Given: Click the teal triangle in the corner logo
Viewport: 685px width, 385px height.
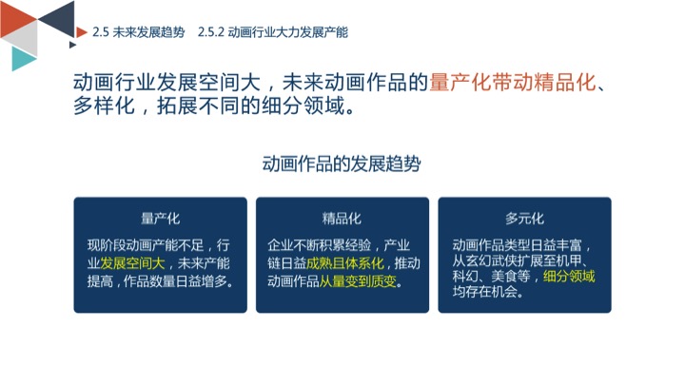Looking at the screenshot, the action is click(21, 58).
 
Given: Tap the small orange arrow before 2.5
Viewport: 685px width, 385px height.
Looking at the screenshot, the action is click(81, 32).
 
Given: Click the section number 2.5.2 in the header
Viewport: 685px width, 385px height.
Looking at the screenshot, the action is click(210, 32).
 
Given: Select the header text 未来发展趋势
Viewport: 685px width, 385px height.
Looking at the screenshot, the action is click(148, 32).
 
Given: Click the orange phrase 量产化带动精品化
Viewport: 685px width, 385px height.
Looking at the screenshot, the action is click(513, 83).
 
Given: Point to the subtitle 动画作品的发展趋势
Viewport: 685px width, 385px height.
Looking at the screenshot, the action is click(342, 164).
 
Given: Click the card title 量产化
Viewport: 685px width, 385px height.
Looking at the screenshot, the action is click(161, 219).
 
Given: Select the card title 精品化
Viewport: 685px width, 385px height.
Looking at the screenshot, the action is click(342, 219).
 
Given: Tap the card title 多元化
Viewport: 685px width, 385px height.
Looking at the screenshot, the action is click(524, 219).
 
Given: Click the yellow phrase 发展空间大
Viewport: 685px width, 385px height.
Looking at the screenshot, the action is click(132, 263).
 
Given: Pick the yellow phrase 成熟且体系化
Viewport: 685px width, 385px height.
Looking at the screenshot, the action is click(344, 263).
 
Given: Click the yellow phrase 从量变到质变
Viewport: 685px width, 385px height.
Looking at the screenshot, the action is click(358, 281).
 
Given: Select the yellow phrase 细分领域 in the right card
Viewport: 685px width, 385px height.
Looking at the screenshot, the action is click(569, 276).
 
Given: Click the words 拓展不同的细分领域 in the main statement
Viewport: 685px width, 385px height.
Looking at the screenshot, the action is click(251, 106).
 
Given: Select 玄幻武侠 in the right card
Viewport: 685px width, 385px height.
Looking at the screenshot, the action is click(491, 260).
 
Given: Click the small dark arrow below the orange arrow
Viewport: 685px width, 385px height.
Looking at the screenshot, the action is click(72, 45).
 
